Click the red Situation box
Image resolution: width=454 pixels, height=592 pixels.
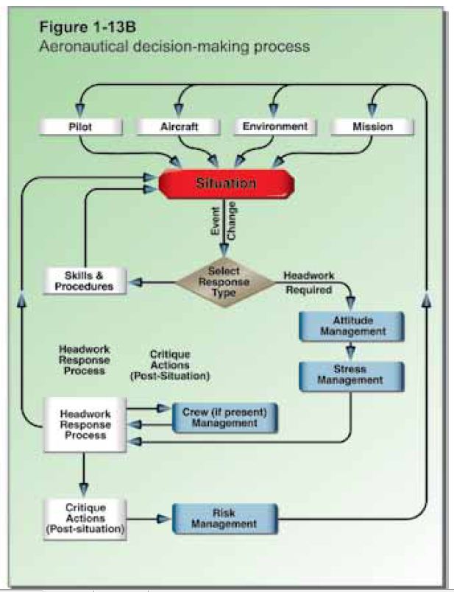click(x=225, y=184)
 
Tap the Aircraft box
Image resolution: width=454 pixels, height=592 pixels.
click(x=179, y=127)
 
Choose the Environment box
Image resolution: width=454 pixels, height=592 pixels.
click(x=275, y=127)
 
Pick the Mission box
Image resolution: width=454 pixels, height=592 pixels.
click(x=372, y=127)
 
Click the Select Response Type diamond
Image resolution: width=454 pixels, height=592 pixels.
click(x=224, y=282)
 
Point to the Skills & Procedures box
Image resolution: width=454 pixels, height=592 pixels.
click(x=85, y=280)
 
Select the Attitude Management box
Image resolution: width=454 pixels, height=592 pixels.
click(x=351, y=327)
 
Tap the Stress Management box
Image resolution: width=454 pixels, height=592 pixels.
click(x=351, y=374)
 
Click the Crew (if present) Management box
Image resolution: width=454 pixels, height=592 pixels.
click(x=224, y=417)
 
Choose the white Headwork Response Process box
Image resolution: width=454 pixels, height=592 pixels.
click(x=85, y=424)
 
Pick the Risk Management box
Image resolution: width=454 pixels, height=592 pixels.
click(x=224, y=518)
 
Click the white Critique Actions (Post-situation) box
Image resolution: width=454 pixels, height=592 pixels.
click(x=85, y=518)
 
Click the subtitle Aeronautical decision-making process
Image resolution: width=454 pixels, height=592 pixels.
click(x=166, y=46)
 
